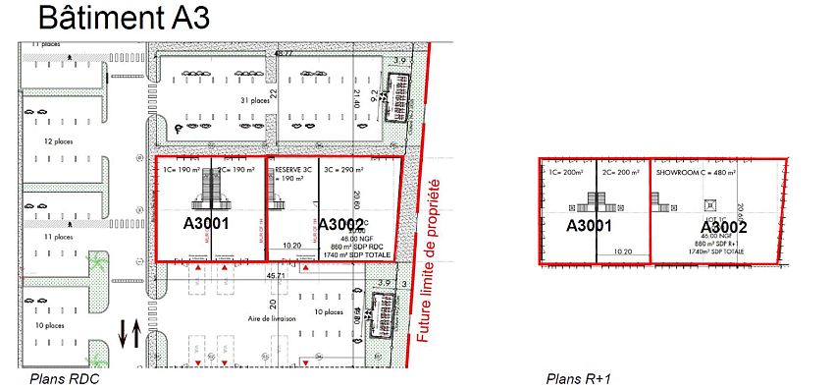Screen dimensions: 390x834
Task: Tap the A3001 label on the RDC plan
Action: point(206,223)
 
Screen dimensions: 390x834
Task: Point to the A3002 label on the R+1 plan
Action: point(725,227)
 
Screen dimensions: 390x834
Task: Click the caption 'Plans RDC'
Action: point(64,378)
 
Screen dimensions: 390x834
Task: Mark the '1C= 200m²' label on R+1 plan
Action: point(568,170)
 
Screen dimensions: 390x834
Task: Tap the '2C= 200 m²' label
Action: point(623,170)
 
